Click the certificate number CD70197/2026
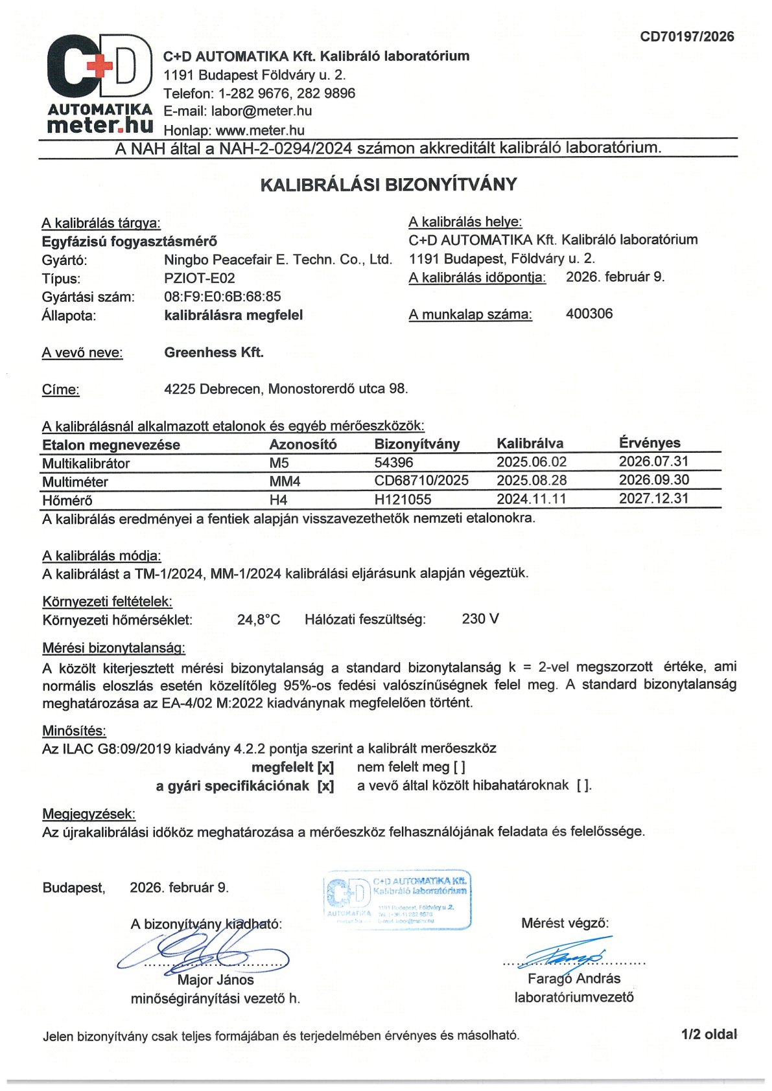(x=687, y=36)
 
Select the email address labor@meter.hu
(x=262, y=111)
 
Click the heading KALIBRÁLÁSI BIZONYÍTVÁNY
(x=388, y=185)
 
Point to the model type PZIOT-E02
(x=200, y=279)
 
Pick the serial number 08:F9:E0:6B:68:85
(x=222, y=297)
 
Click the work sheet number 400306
(x=589, y=314)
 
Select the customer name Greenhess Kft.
(x=214, y=352)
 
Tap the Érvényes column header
(x=649, y=443)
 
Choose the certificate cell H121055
(x=403, y=500)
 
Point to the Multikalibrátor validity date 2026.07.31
(x=653, y=461)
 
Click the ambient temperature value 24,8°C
(x=259, y=619)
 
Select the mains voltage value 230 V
(x=480, y=619)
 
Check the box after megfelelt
(x=325, y=767)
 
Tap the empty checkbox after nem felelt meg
(x=459, y=767)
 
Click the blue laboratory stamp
(x=397, y=900)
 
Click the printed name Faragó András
(x=574, y=978)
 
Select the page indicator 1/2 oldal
(x=708, y=1034)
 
